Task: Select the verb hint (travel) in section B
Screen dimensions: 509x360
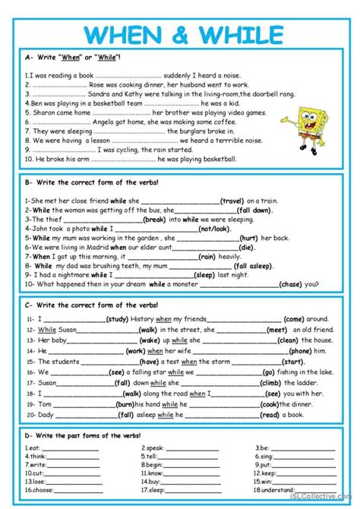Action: (236, 201)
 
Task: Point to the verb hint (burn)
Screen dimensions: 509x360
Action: (126, 405)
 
